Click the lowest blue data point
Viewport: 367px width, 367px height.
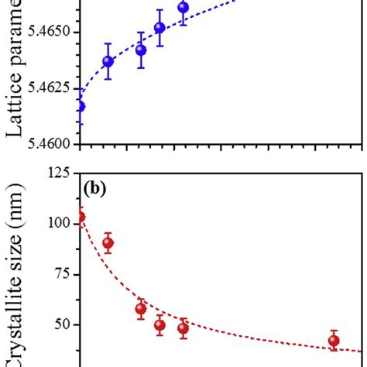[x=79, y=107]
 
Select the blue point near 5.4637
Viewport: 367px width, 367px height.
[x=108, y=61]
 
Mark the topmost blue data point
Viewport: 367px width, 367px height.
[x=183, y=9]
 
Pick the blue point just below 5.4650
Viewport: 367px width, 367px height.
[x=159, y=29]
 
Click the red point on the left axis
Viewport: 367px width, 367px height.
[x=79, y=218]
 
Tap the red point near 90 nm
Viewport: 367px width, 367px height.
[x=108, y=243]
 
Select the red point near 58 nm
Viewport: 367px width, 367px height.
[x=141, y=309]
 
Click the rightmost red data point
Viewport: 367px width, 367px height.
[x=334, y=341]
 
